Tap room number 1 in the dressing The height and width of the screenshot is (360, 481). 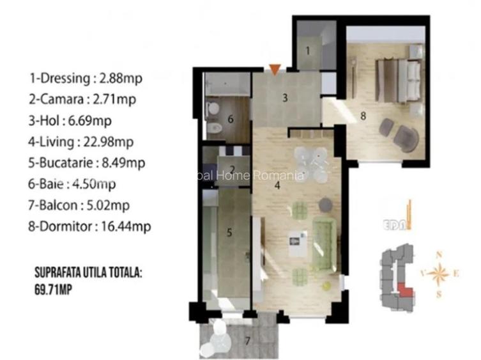pyautogui.click(x=307, y=50)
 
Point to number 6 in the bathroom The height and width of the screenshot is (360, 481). pyautogui.click(x=230, y=120)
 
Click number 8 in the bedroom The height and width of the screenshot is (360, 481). pyautogui.click(x=363, y=116)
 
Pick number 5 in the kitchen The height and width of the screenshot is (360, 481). pyautogui.click(x=229, y=233)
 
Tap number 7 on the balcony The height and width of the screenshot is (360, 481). pyautogui.click(x=247, y=340)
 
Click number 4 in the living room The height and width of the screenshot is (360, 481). pyautogui.click(x=277, y=186)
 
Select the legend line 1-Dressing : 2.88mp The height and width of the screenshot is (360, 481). pyautogui.click(x=85, y=79)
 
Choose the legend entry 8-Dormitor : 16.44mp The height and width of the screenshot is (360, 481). pyautogui.click(x=90, y=226)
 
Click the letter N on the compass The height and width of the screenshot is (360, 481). pyautogui.click(x=439, y=254)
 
